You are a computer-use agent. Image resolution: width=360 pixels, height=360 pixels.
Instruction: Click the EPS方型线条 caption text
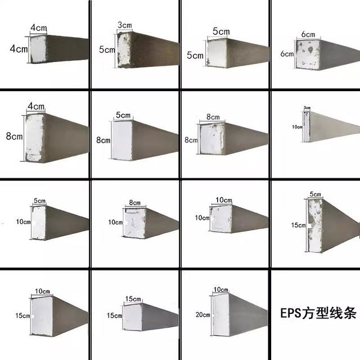click(x=318, y=313)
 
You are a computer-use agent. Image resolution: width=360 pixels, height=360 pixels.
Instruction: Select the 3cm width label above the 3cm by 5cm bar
click(x=124, y=26)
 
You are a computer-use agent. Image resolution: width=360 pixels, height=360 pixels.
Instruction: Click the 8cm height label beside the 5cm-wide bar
click(x=103, y=140)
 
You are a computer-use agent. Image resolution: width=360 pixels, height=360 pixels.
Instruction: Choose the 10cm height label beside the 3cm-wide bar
click(x=297, y=127)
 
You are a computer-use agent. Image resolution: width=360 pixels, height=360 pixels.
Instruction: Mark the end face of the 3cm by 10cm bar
click(x=307, y=127)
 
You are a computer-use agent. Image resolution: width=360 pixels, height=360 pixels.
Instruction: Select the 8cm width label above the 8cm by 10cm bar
click(x=134, y=202)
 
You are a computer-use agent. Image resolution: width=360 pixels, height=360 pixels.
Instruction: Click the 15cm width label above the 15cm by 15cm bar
click(x=133, y=298)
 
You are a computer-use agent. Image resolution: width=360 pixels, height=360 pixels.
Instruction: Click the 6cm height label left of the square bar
click(x=287, y=54)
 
